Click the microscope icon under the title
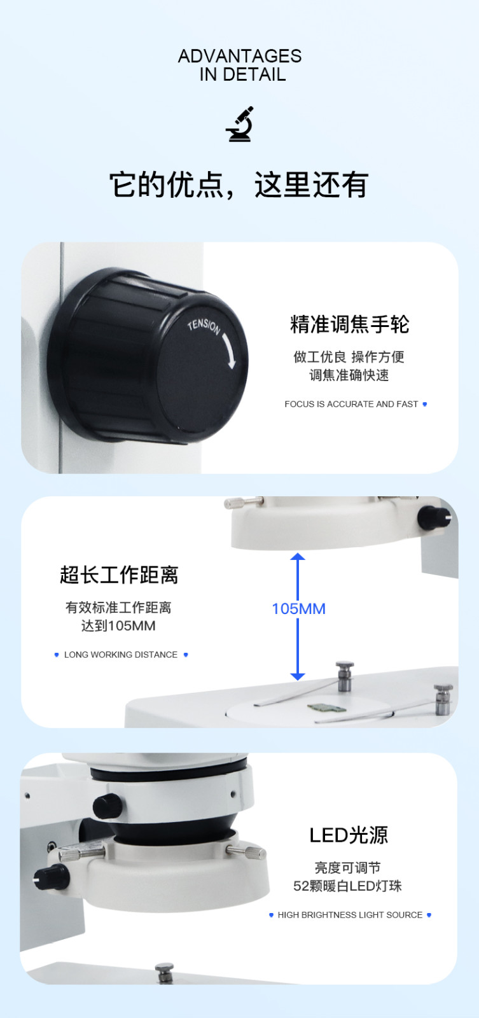point(239,124)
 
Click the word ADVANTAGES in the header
point(239,57)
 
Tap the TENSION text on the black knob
point(204,326)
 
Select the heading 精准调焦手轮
point(349,324)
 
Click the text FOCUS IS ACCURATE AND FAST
point(351,404)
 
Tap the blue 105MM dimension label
point(298,608)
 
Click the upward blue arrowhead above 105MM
point(298,557)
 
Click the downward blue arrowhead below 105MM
point(298,676)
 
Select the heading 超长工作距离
point(119,575)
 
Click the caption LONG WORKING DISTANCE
point(121,655)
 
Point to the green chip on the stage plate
point(326,708)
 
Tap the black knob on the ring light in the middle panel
point(433,517)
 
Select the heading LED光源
point(349,835)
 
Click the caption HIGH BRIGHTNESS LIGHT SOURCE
point(350,915)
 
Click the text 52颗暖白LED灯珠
point(348,886)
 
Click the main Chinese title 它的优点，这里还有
point(239,185)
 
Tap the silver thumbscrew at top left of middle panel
point(244,502)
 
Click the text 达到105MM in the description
point(118,626)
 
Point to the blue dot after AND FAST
point(425,404)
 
